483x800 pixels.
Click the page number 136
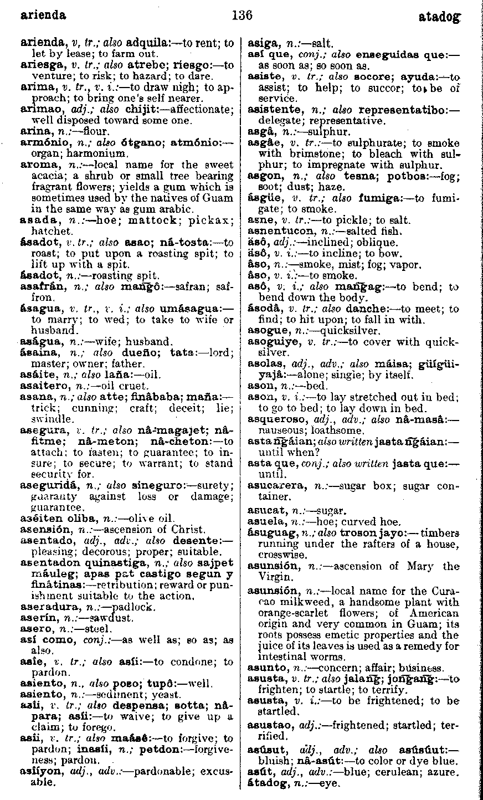click(x=242, y=15)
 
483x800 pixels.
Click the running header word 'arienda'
click(x=43, y=15)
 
